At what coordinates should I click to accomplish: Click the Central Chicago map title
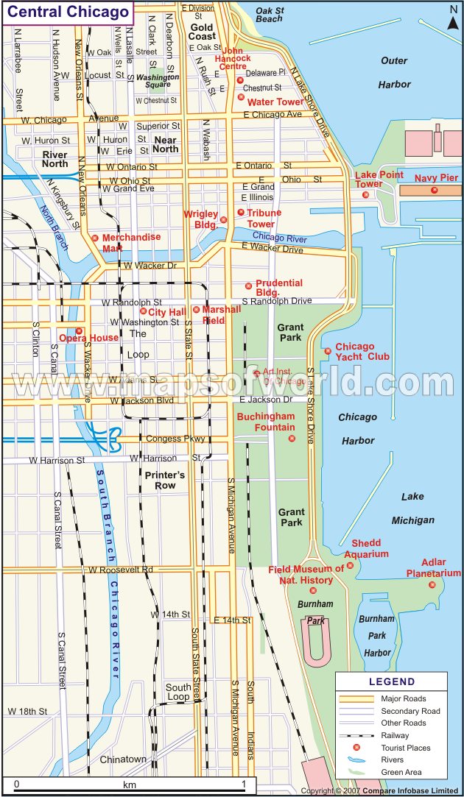click(x=68, y=13)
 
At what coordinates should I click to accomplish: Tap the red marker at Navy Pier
click(x=434, y=191)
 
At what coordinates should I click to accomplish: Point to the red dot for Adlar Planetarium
click(x=432, y=585)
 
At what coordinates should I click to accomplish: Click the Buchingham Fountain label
click(x=265, y=422)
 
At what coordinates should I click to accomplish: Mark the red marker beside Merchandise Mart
click(x=94, y=238)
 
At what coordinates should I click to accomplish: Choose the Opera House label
click(x=88, y=338)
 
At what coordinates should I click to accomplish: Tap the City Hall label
click(x=166, y=312)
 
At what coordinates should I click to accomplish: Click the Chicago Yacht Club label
click(x=362, y=352)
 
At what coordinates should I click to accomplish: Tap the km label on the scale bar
click(x=130, y=784)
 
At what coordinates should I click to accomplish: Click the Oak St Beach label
click(x=269, y=15)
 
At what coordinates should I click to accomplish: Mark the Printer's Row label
click(x=165, y=480)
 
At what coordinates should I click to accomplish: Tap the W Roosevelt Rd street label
click(x=120, y=570)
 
